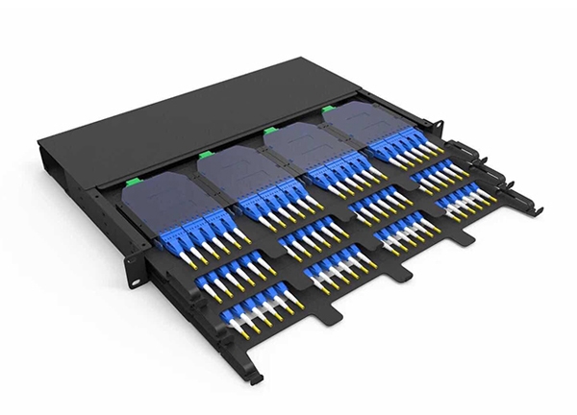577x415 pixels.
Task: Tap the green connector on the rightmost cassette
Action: coord(328,110)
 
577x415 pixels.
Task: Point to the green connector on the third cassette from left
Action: coord(269,130)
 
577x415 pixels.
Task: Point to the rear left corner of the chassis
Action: coord(40,144)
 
